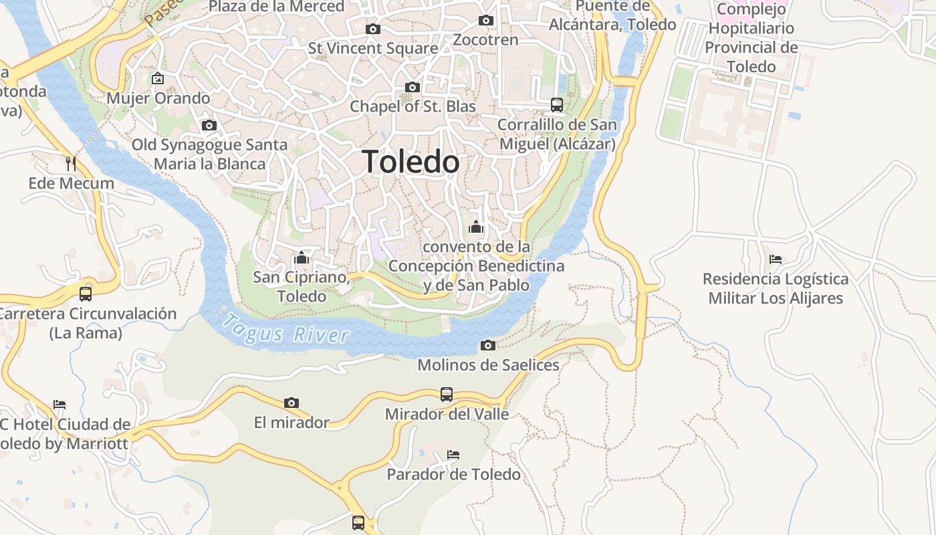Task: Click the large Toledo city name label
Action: pos(411,162)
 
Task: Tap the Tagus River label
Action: pos(285,330)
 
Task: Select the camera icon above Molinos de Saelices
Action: pos(488,345)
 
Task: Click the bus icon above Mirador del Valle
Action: pos(447,395)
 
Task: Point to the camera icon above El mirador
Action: pos(291,403)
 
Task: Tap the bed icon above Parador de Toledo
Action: pos(453,455)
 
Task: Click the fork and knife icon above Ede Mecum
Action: pos(71,163)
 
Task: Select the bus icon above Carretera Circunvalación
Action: pos(86,294)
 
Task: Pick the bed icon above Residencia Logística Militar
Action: pos(776,259)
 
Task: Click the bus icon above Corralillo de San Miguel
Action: pos(557,104)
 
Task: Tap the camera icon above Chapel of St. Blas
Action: pos(413,87)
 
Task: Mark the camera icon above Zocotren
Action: pos(486,20)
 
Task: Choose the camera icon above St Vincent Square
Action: pos(373,29)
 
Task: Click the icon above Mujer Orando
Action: pos(158,79)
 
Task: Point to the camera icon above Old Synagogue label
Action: pos(209,125)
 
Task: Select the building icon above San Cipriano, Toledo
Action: pos(301,257)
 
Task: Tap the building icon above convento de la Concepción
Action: pos(476,227)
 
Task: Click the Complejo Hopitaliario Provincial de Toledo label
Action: pos(751,38)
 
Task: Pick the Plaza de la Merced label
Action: pos(277,7)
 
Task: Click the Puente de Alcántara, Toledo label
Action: pos(612,16)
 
